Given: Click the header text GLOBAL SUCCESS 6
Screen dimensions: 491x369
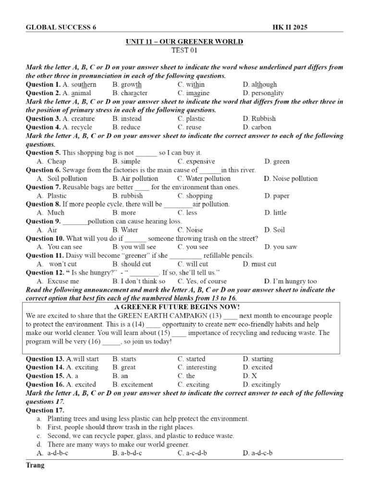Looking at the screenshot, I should click(61, 27).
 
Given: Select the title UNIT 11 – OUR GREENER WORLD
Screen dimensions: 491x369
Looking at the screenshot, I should click(184, 42).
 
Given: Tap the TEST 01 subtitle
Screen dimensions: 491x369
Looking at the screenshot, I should click(184, 50).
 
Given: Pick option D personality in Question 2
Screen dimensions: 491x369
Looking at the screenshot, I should click(263, 93).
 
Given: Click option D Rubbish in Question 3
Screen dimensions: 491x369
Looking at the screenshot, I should click(259, 119).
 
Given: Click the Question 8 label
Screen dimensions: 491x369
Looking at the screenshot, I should click(43, 204).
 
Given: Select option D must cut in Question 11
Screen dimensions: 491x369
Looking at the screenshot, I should click(259, 264).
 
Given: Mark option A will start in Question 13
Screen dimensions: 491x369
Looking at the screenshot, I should click(82, 359).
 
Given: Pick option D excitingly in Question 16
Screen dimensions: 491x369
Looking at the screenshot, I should click(262, 385).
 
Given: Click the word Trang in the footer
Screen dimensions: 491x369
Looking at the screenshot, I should click(35, 466).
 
